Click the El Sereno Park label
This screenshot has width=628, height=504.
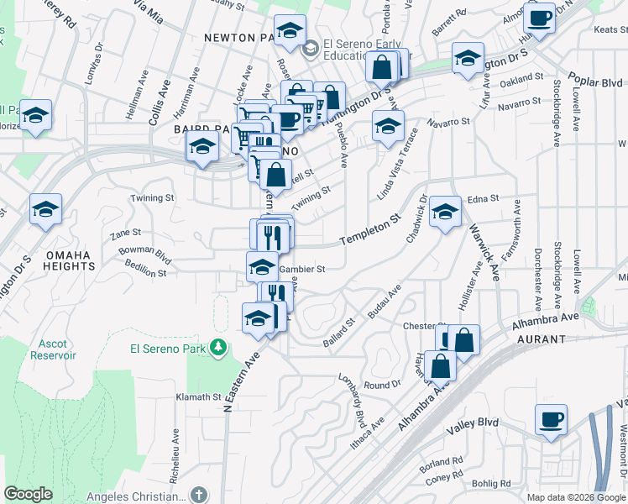(168, 348)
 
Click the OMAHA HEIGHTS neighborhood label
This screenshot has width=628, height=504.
(71, 260)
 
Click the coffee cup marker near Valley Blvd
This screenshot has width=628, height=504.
(551, 419)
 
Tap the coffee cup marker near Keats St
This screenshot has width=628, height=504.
(539, 18)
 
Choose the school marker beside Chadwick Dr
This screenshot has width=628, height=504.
(445, 212)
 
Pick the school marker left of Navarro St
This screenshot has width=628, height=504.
(388, 127)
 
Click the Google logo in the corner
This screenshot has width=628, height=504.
(29, 494)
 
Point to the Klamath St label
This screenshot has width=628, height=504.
(198, 397)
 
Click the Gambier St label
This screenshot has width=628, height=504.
(301, 269)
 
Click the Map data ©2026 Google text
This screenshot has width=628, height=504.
(575, 497)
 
